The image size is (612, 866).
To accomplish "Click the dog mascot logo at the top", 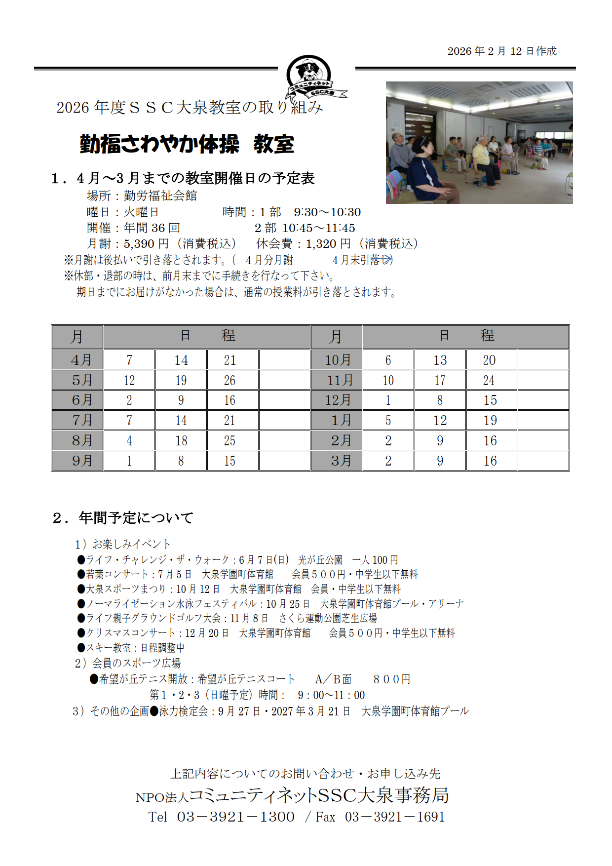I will click(x=309, y=75).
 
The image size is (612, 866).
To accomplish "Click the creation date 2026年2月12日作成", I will click(x=502, y=51).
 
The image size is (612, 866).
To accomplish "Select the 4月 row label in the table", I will click(x=77, y=360).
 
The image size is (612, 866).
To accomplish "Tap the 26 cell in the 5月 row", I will click(x=230, y=380).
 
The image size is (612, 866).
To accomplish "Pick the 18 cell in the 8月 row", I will click(x=181, y=441).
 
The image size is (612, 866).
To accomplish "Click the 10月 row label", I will click(x=337, y=360).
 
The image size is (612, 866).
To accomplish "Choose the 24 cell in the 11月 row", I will click(x=489, y=380).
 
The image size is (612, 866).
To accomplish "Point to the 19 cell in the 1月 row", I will click(x=490, y=421).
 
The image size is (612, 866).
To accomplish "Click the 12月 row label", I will click(x=337, y=400).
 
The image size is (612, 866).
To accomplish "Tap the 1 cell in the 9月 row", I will click(x=129, y=461).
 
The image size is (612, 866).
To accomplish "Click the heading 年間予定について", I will click(x=136, y=518).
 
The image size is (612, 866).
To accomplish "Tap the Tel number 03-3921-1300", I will click(x=236, y=817).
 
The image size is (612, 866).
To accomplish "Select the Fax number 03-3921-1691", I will click(x=395, y=817).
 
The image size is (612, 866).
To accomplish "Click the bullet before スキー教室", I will click(x=81, y=647).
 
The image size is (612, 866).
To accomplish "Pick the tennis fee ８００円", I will click(x=392, y=679).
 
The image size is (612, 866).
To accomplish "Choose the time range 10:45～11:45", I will click(x=318, y=228).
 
